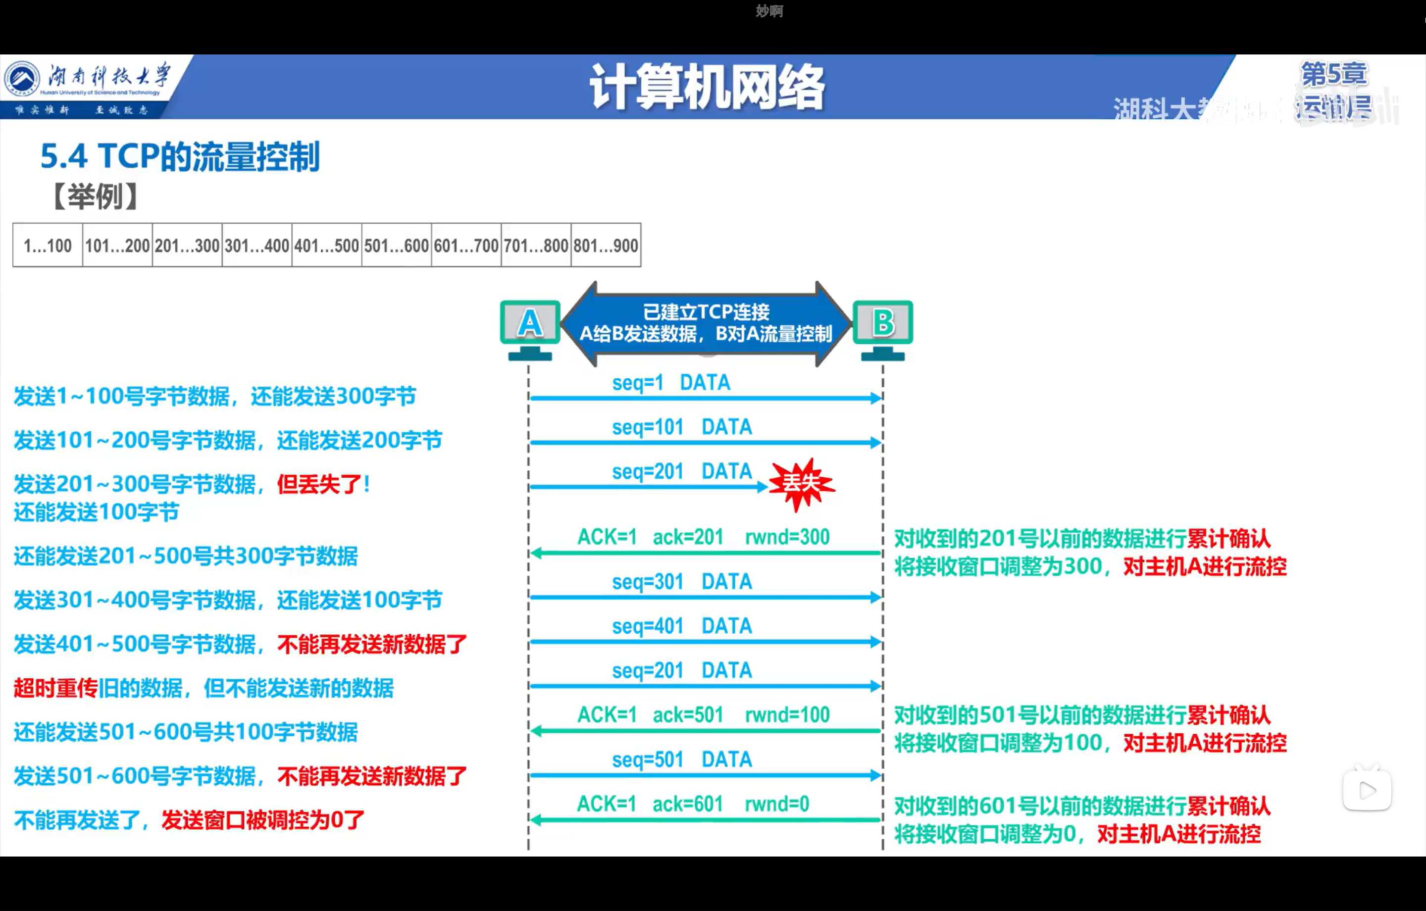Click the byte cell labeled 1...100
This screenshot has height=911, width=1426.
coord(48,245)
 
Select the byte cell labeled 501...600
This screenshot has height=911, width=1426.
coord(396,245)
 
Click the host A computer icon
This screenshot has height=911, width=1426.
coord(530,329)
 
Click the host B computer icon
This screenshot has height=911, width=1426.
coord(882,329)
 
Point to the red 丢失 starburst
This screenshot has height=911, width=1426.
coord(801,484)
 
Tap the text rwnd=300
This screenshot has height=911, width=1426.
coord(787,537)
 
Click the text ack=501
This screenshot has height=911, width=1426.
coord(688,715)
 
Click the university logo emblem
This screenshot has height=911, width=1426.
coord(22,79)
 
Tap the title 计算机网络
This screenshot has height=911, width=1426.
coord(707,88)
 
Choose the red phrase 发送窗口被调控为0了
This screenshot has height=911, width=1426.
coord(263,820)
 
